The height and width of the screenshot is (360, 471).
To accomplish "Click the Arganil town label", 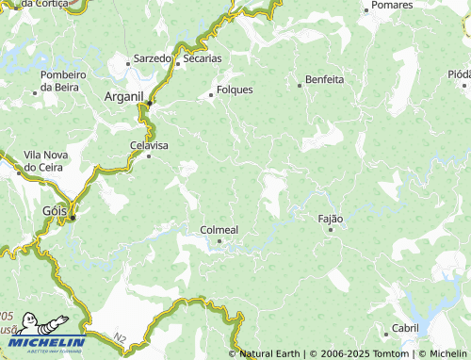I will point(123,96).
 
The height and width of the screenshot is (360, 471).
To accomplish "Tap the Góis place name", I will point(56,211).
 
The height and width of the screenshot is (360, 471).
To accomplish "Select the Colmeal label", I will point(219,229).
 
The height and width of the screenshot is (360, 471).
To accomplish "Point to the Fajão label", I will point(332,219).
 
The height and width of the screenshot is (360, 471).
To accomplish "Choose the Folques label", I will point(235,90).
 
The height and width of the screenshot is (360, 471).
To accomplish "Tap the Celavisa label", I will point(148,145).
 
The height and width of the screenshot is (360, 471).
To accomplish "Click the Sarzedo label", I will point(153,57).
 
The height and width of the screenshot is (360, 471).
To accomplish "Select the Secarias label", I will point(203,57).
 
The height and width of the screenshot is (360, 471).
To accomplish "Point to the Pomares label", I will point(393,6).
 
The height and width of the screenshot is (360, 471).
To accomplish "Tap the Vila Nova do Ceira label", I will point(43,160).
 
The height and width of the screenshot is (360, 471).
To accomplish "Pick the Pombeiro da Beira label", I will point(64,81).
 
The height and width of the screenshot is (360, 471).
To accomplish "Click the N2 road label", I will point(117,336).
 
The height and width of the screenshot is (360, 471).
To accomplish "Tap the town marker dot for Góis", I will point(73,218).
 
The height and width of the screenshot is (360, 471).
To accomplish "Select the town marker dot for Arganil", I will point(150,103).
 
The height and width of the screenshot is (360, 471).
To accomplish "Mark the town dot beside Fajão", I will point(331,229).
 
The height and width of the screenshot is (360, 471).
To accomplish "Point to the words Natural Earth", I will point(270,353).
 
